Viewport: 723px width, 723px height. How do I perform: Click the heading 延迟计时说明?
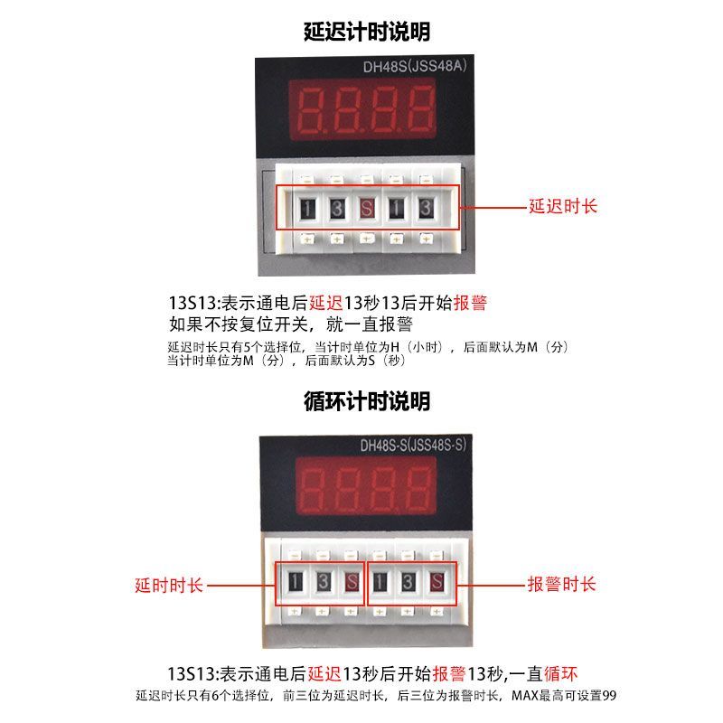coord(367,32)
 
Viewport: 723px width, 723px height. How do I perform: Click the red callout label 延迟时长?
coord(563,206)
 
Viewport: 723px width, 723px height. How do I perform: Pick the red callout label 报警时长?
coord(562,584)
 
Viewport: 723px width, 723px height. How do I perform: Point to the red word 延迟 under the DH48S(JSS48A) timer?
coord(325,304)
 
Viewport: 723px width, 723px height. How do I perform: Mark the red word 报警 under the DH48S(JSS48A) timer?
coord(470,304)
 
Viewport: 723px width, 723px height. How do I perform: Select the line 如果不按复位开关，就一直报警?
coord(291,324)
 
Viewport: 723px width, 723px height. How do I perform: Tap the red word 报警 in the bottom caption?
coord(448,674)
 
